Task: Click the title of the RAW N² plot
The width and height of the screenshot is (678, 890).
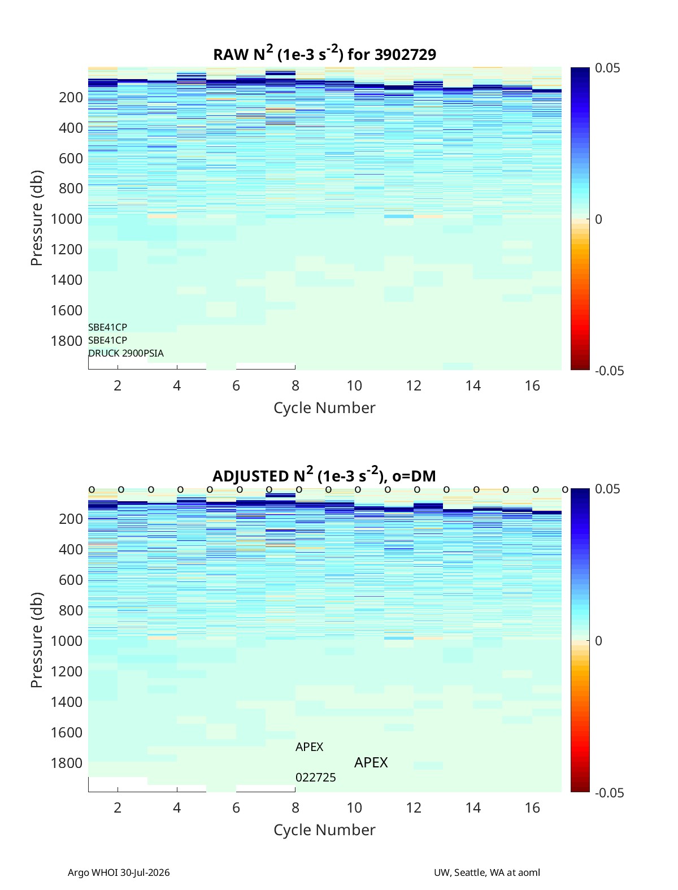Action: [x=324, y=54]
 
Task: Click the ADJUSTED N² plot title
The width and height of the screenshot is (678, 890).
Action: [x=324, y=475]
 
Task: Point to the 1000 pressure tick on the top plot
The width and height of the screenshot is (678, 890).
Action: [x=67, y=219]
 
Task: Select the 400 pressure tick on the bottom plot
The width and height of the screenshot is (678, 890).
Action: [x=71, y=549]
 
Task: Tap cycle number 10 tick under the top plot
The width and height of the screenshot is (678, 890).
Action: [x=354, y=385]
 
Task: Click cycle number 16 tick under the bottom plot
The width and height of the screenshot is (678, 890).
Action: [x=532, y=807]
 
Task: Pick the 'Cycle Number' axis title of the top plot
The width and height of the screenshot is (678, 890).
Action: [x=324, y=407]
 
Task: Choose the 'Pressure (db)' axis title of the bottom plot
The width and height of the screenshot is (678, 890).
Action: [x=37, y=640]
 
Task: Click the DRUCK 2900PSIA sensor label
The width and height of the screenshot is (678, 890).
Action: [x=126, y=353]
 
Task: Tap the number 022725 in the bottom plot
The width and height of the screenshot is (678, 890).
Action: [x=315, y=778]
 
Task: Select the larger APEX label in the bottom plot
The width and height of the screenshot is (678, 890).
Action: [x=371, y=763]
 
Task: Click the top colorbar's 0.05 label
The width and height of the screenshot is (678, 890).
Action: [x=607, y=68]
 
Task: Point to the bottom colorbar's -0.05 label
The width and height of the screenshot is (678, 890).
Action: [x=609, y=792]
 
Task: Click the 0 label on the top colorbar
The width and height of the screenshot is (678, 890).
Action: [x=598, y=219]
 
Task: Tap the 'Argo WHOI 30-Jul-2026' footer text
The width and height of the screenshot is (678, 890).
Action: [x=119, y=872]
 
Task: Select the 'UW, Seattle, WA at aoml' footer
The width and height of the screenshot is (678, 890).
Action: [x=486, y=872]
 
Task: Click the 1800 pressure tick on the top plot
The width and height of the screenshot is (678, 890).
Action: [x=67, y=341]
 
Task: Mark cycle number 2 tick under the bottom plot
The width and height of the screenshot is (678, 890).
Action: [x=118, y=807]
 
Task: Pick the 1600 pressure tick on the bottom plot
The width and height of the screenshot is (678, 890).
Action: [x=67, y=732]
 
